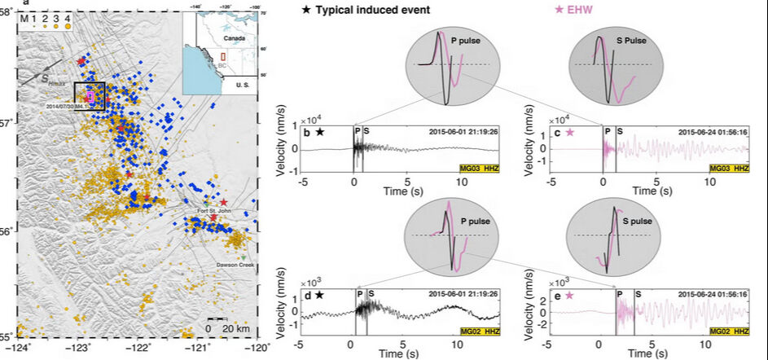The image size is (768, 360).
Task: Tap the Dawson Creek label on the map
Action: coord(238,263)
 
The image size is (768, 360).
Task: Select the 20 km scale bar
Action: coord(215,319)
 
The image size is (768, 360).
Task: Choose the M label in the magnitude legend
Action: coord(26,18)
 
